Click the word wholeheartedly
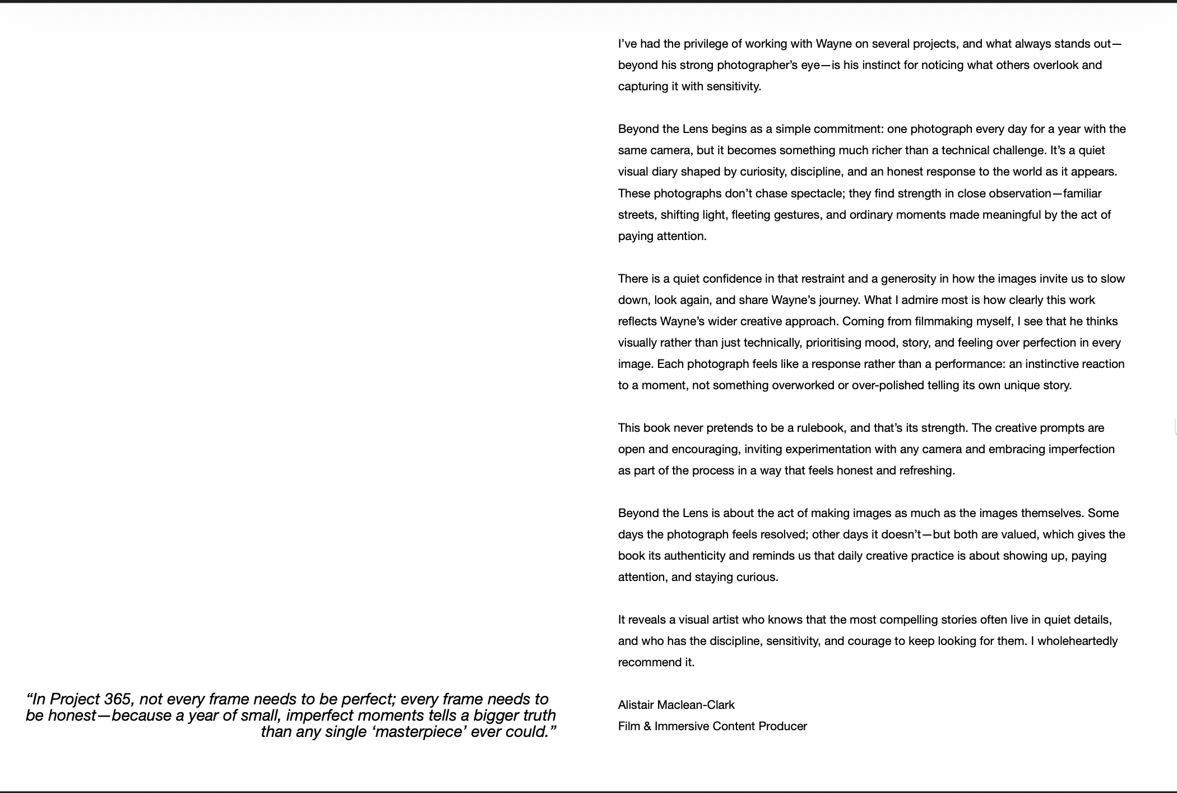coord(1077,641)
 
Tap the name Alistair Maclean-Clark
coord(676,705)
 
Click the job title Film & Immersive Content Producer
coord(712,726)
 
